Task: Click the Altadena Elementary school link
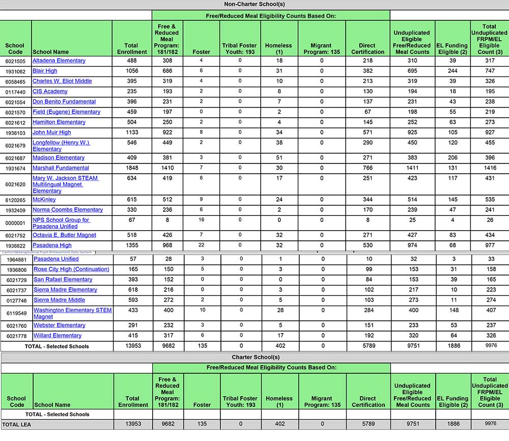(59, 61)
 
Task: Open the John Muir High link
(52, 132)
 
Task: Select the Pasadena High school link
(52, 245)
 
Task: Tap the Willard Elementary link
(58, 336)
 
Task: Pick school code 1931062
(16, 71)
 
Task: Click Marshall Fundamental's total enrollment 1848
(131, 168)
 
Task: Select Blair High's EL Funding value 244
(453, 71)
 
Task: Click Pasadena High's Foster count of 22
(202, 245)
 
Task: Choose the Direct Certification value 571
(367, 132)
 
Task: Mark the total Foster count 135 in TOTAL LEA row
(202, 424)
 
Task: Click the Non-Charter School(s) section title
(254, 5)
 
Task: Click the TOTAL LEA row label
(18, 424)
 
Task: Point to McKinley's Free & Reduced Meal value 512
(167, 200)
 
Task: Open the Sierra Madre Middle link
(59, 300)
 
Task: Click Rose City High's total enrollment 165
(132, 269)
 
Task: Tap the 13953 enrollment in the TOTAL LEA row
(132, 424)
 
